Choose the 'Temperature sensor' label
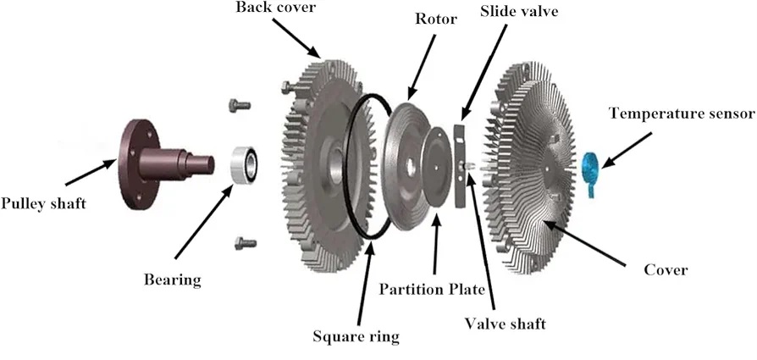(681, 113)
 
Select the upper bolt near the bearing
(239, 106)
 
